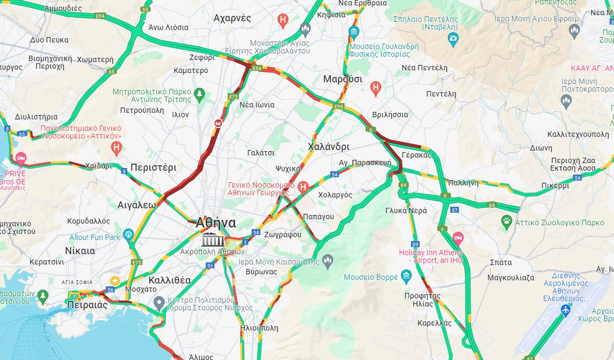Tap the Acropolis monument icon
[212, 239]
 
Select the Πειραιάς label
[87, 305]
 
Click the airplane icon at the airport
[565, 310]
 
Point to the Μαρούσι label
[342, 79]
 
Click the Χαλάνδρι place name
[329, 147]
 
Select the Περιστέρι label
[153, 167]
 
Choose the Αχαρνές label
[233, 18]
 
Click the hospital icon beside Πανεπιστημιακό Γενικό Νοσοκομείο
[116, 147]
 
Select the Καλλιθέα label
[170, 280]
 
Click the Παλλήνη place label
[463, 183]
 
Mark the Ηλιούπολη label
[259, 328]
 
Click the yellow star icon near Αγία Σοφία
[115, 280]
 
